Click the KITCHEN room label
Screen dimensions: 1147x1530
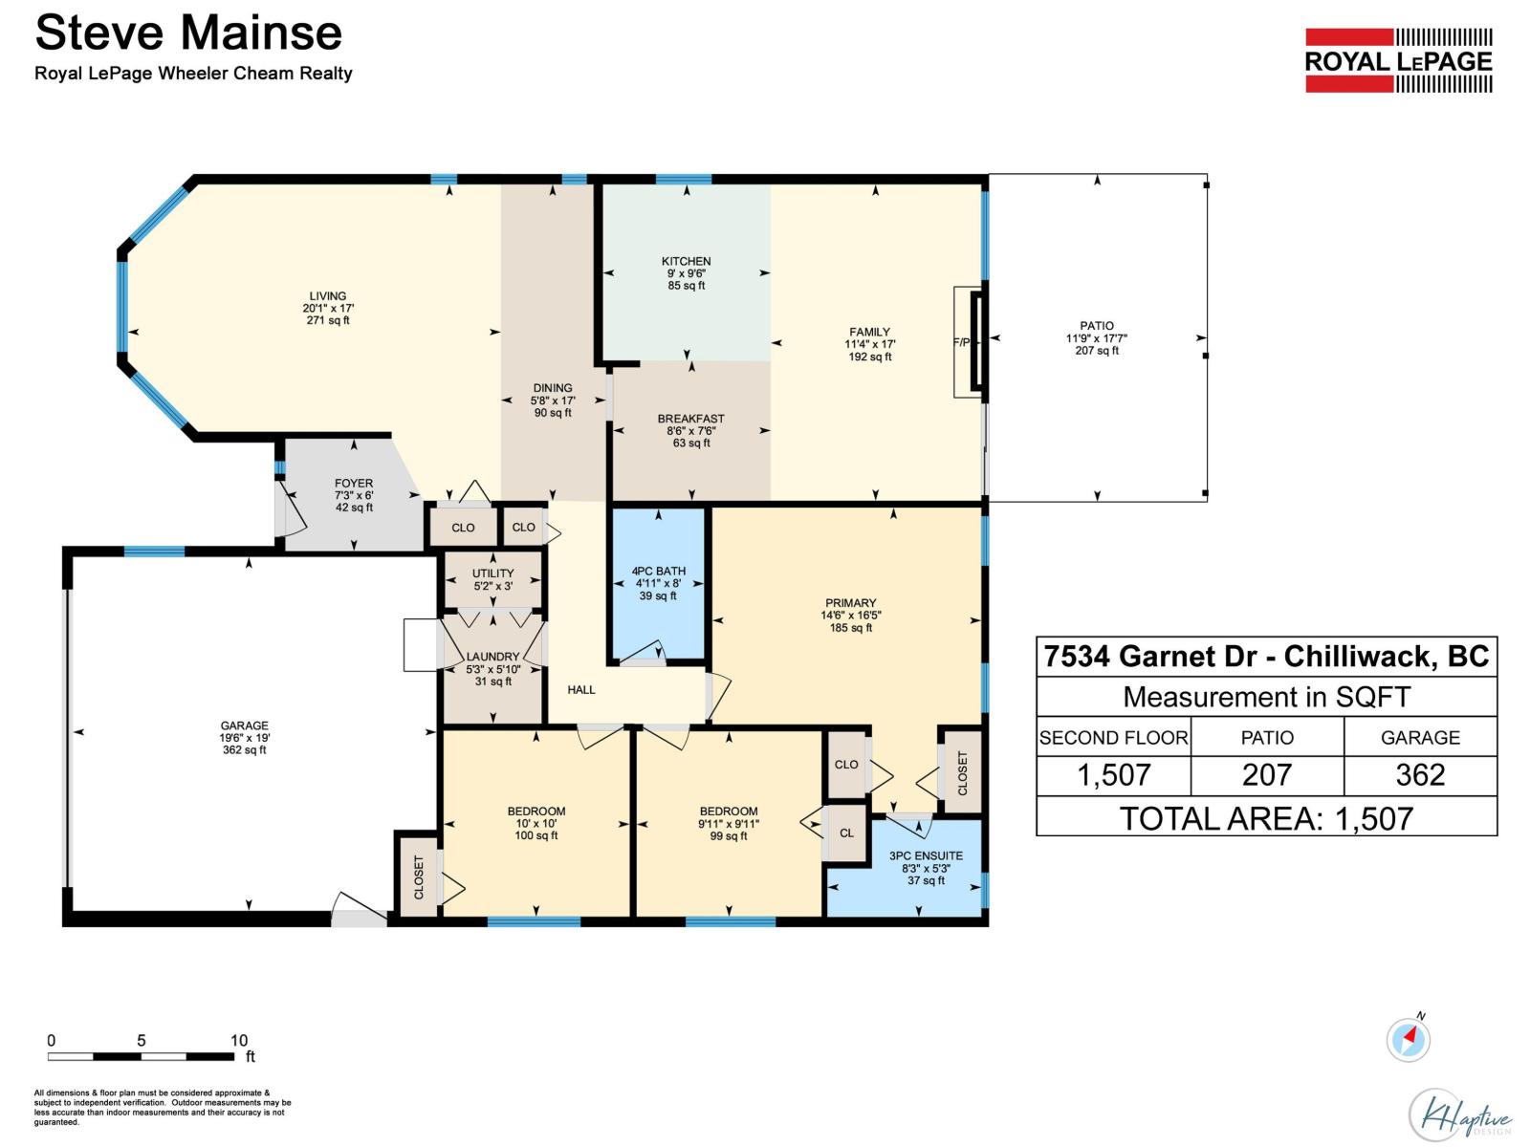686,261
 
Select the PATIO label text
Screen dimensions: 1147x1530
1096,326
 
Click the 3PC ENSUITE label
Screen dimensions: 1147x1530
926,855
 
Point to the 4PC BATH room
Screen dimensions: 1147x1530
658,583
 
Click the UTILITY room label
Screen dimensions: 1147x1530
492,573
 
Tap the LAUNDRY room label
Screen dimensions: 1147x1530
492,657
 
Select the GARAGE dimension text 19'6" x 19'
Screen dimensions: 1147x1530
244,738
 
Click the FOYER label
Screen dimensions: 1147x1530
354,484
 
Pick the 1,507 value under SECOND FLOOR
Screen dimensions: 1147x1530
1113,775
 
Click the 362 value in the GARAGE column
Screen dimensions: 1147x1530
1420,775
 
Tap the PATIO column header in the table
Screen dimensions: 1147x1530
1267,738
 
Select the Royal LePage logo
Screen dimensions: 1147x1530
1398,60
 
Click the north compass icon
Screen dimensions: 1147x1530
1408,1039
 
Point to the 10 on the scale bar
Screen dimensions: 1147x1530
239,1040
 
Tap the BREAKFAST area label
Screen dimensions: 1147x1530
690,419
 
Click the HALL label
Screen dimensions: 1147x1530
581,689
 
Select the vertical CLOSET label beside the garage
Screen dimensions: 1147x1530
419,876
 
